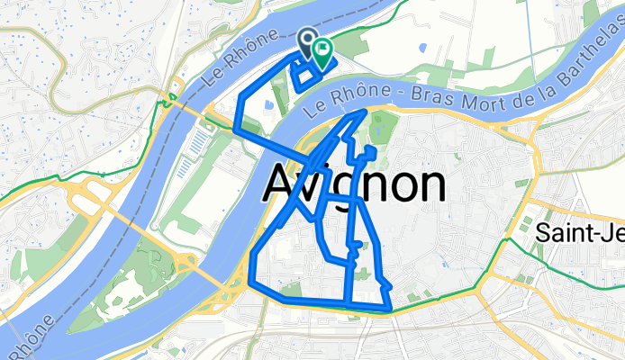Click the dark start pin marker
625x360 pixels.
[x=308, y=40]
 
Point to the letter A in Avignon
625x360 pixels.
[x=281, y=184]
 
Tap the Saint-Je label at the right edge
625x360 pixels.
[x=579, y=231]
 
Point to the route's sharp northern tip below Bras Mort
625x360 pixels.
[x=364, y=111]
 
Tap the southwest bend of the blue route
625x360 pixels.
[x=251, y=283]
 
